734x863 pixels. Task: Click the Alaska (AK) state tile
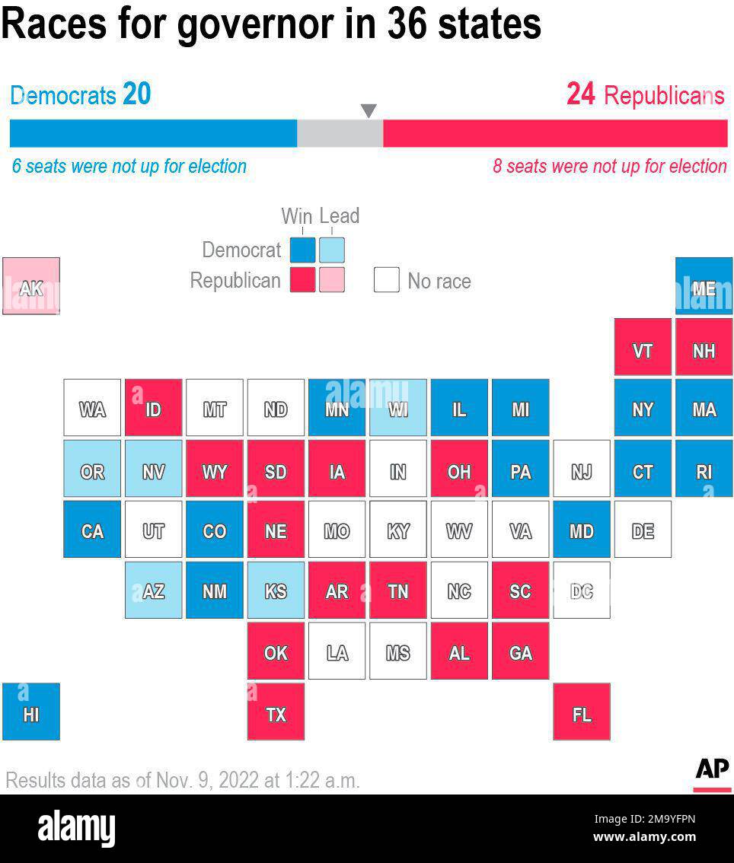[x=31, y=286]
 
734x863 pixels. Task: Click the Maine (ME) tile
[x=704, y=286]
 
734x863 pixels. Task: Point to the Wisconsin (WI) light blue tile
[x=397, y=408]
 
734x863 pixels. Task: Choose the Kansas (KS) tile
[x=276, y=590]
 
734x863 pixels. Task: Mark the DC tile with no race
[x=581, y=590]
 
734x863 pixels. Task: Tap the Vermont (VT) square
[x=643, y=347]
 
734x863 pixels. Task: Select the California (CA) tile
[x=92, y=529]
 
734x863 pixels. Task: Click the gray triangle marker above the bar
[x=369, y=111]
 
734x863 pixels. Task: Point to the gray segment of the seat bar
[x=340, y=133]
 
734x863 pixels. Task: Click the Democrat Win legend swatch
[x=302, y=250]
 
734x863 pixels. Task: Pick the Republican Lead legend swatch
[x=332, y=280]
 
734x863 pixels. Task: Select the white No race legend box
[x=386, y=280]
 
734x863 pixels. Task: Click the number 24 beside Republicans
[x=580, y=94]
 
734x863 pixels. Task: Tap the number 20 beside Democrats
[x=137, y=94]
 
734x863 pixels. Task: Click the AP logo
[x=712, y=769]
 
